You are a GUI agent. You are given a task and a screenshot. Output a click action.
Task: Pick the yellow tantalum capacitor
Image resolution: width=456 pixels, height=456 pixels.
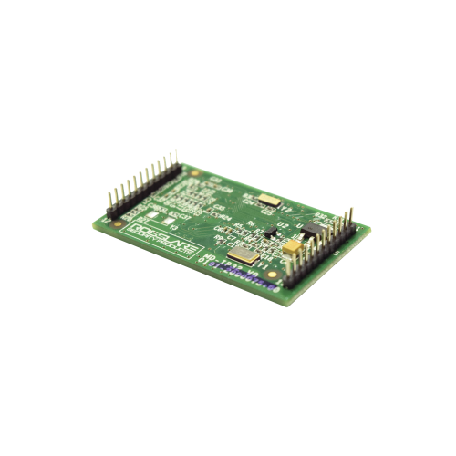294,244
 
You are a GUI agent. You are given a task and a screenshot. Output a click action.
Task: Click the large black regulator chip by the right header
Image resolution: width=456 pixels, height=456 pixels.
313,228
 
